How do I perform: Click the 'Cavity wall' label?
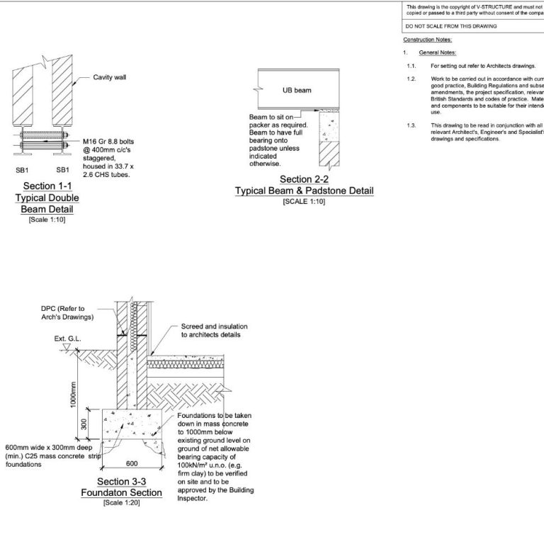click(114, 77)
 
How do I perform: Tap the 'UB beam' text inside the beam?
click(293, 90)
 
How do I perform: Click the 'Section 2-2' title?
click(304, 179)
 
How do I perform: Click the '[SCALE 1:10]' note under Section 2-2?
click(304, 202)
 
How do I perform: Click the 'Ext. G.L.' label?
click(67, 339)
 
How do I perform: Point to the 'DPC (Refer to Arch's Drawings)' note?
click(72, 312)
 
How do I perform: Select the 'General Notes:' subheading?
click(438, 52)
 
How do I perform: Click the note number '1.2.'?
click(411, 78)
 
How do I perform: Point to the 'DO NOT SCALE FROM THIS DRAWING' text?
click(450, 25)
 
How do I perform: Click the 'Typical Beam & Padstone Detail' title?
click(304, 191)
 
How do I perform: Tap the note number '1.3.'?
click(411, 125)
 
